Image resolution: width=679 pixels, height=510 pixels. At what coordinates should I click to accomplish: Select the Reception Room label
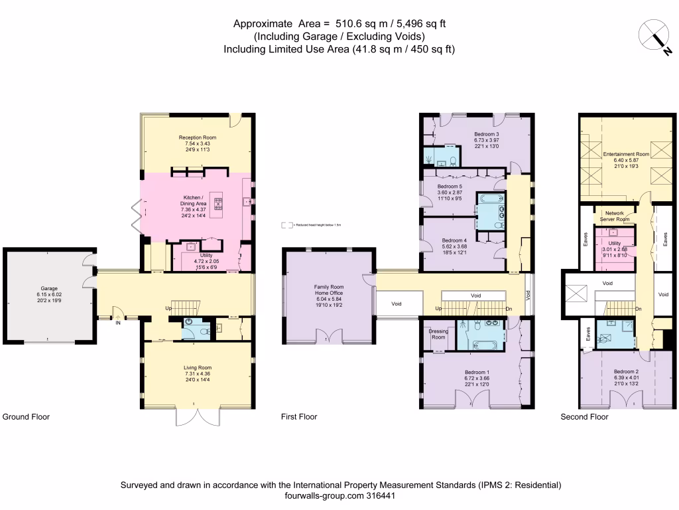[197, 137]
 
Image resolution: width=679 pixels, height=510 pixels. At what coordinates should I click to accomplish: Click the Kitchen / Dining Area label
[197, 197]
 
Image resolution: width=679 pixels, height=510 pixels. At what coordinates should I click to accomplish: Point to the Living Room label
[197, 367]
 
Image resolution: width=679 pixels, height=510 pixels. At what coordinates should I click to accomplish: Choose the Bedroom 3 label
[486, 134]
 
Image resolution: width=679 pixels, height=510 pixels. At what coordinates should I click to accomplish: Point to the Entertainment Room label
[626, 153]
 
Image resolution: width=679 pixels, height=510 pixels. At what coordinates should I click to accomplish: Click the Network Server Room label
[613, 216]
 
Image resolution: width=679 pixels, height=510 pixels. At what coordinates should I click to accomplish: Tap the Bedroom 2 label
[625, 371]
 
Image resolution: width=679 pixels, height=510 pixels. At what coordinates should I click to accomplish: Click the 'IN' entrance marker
[118, 323]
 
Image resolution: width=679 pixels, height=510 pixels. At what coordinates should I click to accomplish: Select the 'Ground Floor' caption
[26, 417]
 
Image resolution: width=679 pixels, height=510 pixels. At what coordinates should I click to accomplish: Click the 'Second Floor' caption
[584, 417]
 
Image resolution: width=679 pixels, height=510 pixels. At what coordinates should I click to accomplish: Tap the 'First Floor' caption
[298, 417]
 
